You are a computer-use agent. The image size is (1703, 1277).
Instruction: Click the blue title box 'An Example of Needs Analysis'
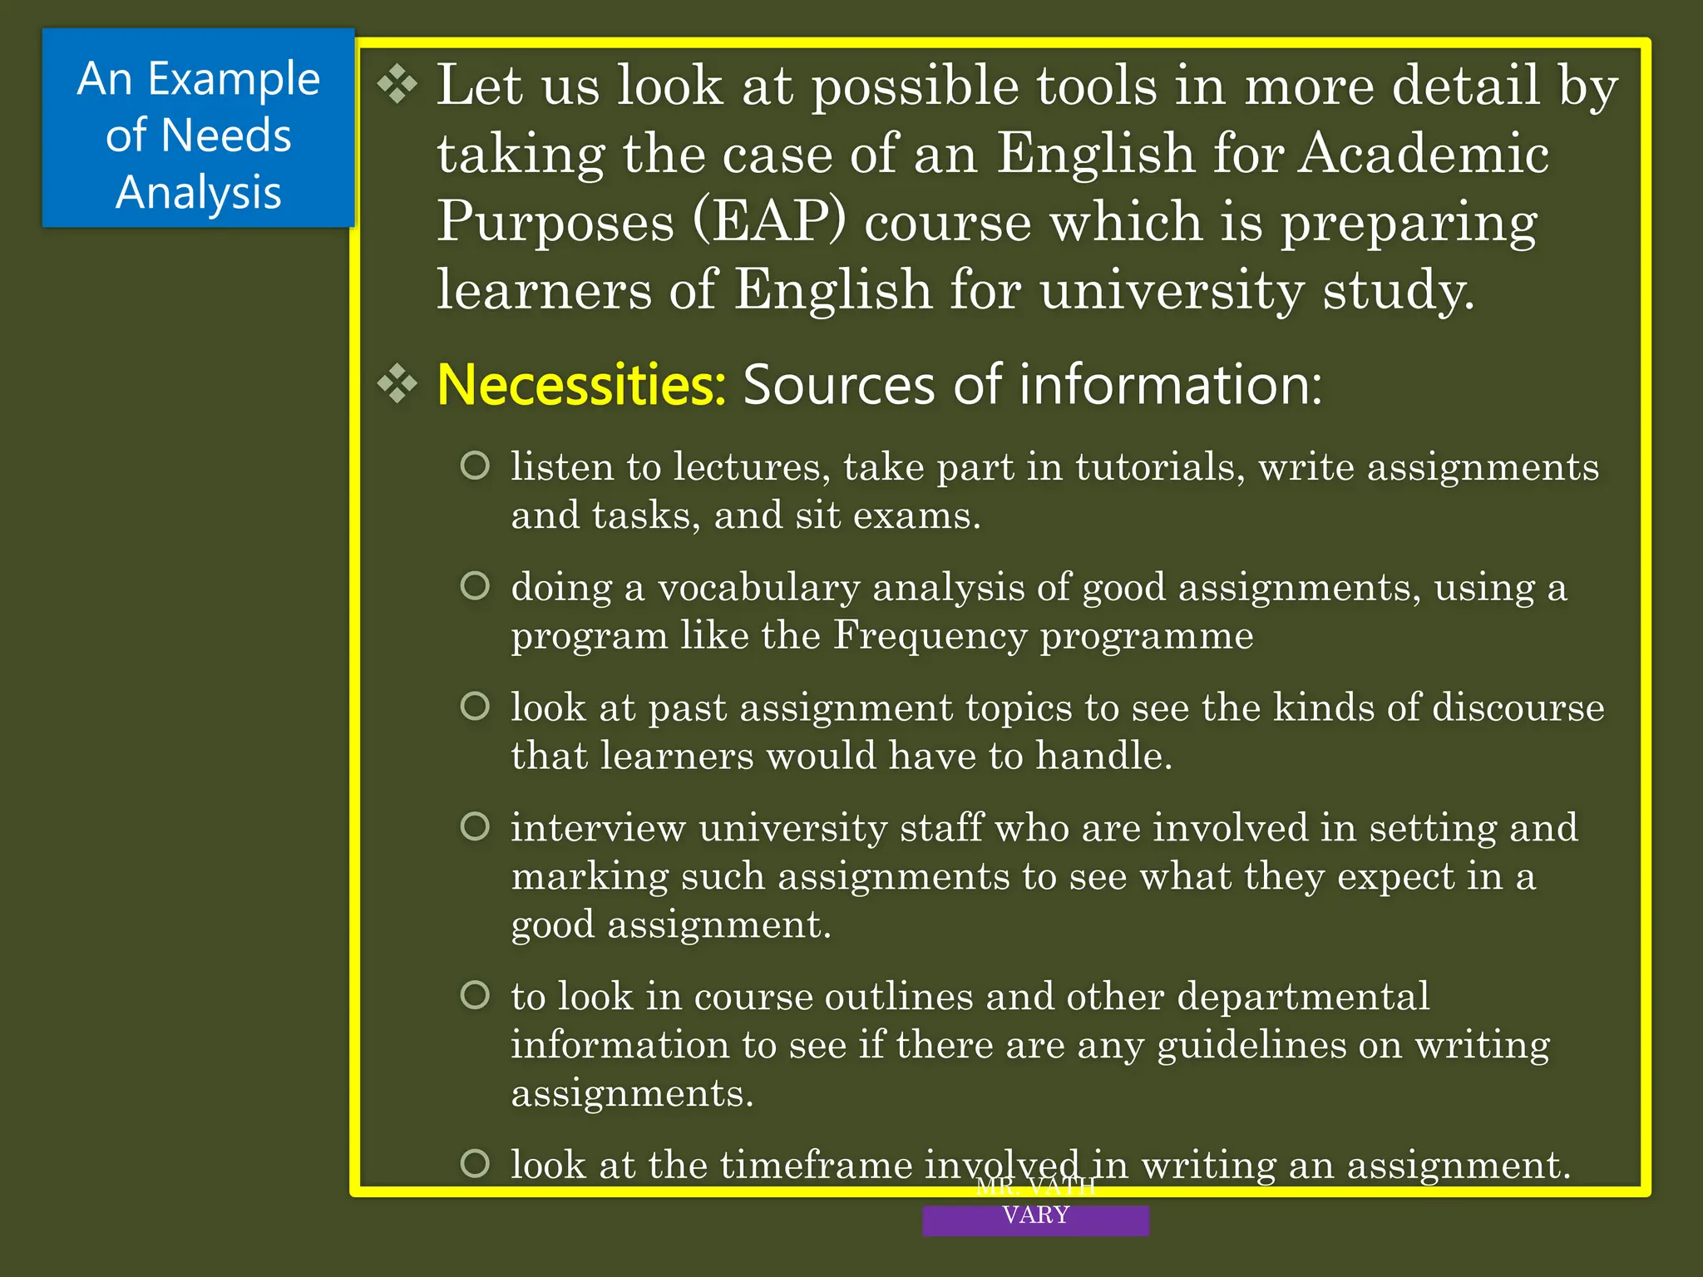coord(198,128)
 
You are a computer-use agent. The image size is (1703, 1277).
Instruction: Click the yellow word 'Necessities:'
coord(581,385)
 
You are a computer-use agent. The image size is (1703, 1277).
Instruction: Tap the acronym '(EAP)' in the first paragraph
coord(769,223)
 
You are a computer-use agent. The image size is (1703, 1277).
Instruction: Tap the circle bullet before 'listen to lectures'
coord(475,466)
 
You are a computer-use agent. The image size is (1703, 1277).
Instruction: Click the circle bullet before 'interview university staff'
coord(475,826)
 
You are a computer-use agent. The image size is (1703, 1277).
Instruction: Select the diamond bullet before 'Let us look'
coord(397,85)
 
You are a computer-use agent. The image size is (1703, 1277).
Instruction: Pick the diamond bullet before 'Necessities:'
coord(397,384)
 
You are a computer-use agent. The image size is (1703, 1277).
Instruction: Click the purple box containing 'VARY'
coord(1035,1219)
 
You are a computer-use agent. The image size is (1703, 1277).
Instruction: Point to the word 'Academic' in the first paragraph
coord(1424,155)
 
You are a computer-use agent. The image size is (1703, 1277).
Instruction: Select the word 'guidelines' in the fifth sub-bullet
coord(1251,1045)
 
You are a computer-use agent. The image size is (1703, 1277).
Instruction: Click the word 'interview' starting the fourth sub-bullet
coord(598,829)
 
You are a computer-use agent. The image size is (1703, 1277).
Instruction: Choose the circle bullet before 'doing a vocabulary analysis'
coord(475,586)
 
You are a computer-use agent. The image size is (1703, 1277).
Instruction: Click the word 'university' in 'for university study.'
coord(1171,291)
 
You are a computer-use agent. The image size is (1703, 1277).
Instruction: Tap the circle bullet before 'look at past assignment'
coord(475,707)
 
